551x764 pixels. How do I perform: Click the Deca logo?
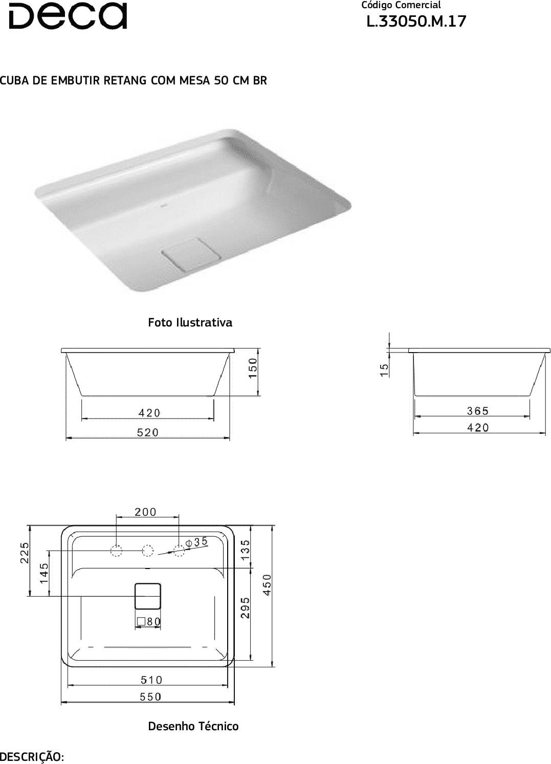[x=68, y=16]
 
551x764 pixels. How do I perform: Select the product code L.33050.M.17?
[x=416, y=21]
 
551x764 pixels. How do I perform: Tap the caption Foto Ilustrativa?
[x=190, y=322]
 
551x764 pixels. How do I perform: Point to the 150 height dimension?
[x=253, y=368]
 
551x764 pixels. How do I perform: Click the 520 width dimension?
[x=148, y=432]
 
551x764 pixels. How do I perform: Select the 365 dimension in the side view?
[x=478, y=411]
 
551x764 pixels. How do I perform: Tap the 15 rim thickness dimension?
[x=384, y=370]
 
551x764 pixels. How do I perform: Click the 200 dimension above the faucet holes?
[x=146, y=512]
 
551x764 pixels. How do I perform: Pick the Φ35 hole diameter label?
[x=196, y=541]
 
